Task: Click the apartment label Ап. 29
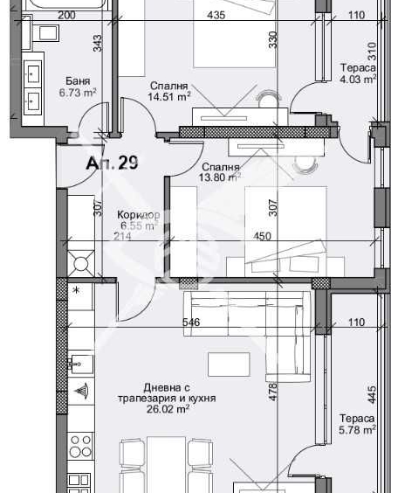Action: point(112,163)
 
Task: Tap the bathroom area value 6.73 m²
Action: point(78,93)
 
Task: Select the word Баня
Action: point(78,80)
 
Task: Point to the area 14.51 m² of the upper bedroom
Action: point(169,96)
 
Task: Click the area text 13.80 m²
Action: point(220,177)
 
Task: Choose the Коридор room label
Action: point(139,215)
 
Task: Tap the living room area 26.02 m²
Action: point(168,409)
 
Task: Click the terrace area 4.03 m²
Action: point(358,79)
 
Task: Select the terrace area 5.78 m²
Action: point(358,429)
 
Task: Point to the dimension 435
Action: point(216,15)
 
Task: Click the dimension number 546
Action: point(191,322)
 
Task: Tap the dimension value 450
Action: point(262,236)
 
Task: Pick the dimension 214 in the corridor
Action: point(122,236)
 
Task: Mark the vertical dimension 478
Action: point(273,392)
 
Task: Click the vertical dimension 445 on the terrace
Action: point(371,395)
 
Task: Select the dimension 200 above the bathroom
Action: point(67,15)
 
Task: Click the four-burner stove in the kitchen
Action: point(80,446)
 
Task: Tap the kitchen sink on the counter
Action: point(80,365)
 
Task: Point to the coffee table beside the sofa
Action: point(230,365)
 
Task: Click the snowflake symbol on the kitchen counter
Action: point(76,290)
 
